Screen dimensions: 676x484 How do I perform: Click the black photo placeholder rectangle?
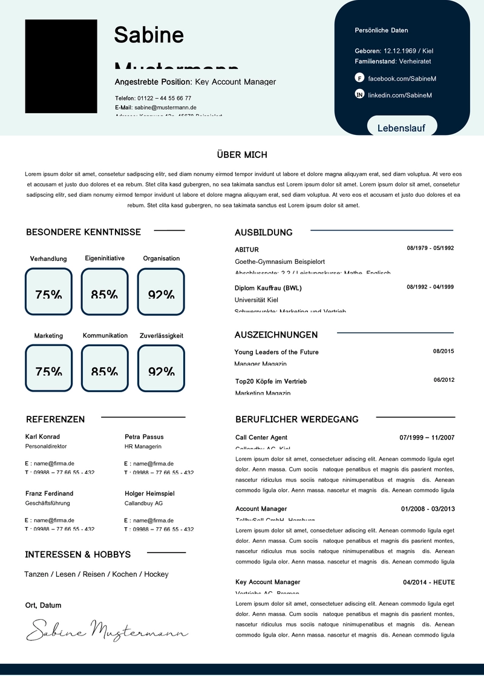61,67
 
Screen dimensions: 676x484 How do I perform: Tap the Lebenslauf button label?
401,128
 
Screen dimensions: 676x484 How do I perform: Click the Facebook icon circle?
359,78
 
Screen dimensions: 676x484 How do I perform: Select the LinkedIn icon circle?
359,94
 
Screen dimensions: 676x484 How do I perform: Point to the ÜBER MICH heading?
242,155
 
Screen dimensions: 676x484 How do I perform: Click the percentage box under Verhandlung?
48,292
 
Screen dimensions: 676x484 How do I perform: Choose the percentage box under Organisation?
161,292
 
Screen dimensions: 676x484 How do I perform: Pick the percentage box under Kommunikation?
105,368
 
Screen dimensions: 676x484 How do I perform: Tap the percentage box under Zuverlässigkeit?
161,368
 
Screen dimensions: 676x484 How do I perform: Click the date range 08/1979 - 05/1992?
430,248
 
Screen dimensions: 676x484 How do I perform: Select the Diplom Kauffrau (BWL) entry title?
268,288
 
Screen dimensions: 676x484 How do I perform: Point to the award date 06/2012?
443,380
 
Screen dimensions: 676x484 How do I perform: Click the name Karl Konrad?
42,436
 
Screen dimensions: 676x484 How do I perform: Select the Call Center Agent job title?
261,438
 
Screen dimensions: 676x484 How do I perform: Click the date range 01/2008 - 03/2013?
428,509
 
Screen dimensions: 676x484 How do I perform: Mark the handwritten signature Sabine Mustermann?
107,629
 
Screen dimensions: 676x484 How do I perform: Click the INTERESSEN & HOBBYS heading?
77,554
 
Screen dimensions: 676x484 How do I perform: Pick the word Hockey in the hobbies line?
156,574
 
